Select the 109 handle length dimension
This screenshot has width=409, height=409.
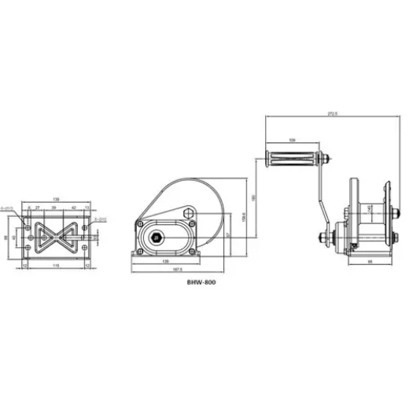(x=292, y=140)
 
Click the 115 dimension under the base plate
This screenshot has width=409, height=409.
(x=54, y=266)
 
